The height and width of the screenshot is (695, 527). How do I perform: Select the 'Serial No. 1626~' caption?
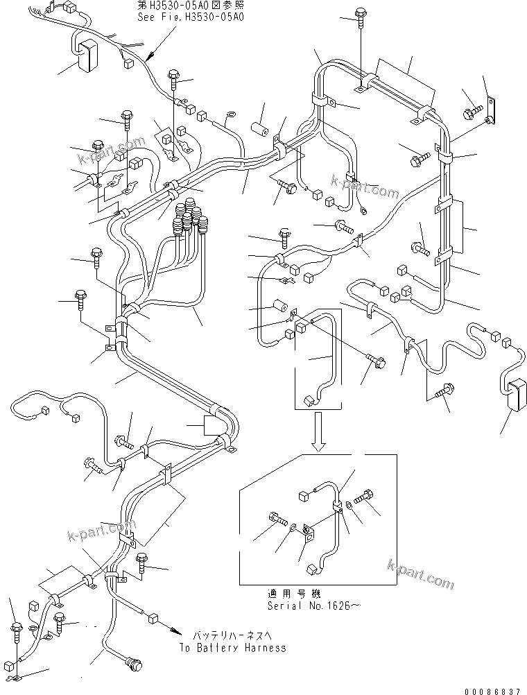pyautogui.click(x=314, y=605)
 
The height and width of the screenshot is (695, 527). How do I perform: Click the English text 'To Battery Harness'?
pyautogui.click(x=232, y=647)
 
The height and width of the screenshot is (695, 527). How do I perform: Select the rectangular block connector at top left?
pyautogui.click(x=85, y=55)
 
